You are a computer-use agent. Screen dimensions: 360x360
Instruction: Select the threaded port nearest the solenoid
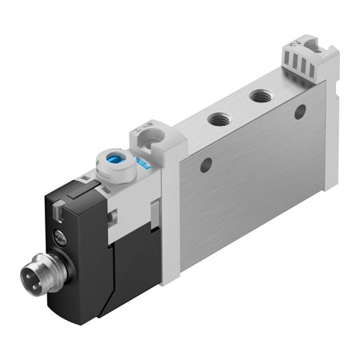point(217,120)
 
